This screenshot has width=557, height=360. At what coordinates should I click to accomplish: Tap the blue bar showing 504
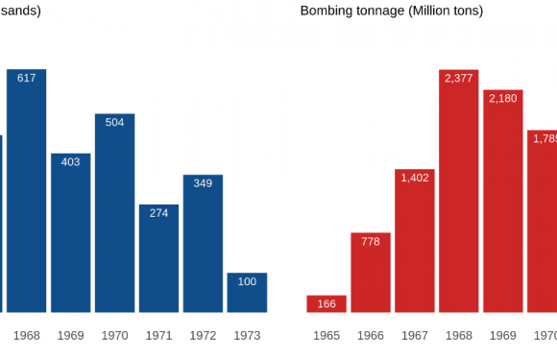114,213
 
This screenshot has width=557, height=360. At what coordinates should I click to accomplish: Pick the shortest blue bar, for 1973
247,293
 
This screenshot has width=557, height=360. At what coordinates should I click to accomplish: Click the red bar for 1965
327,303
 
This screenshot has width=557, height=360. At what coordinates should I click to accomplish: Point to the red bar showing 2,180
503,201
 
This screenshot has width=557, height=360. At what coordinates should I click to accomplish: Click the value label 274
158,213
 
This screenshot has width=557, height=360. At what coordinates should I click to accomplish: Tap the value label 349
203,182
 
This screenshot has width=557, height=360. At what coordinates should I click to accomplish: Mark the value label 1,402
415,178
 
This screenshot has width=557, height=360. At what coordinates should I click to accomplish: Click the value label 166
327,304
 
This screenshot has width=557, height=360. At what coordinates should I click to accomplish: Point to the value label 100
247,281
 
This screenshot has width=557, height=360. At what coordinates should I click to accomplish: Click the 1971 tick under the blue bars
158,336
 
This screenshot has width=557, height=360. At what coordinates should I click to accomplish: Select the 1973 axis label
247,336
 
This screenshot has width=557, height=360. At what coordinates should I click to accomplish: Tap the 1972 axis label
203,336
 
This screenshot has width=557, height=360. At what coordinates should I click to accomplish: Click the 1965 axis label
327,336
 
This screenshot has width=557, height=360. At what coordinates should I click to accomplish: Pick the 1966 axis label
371,336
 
